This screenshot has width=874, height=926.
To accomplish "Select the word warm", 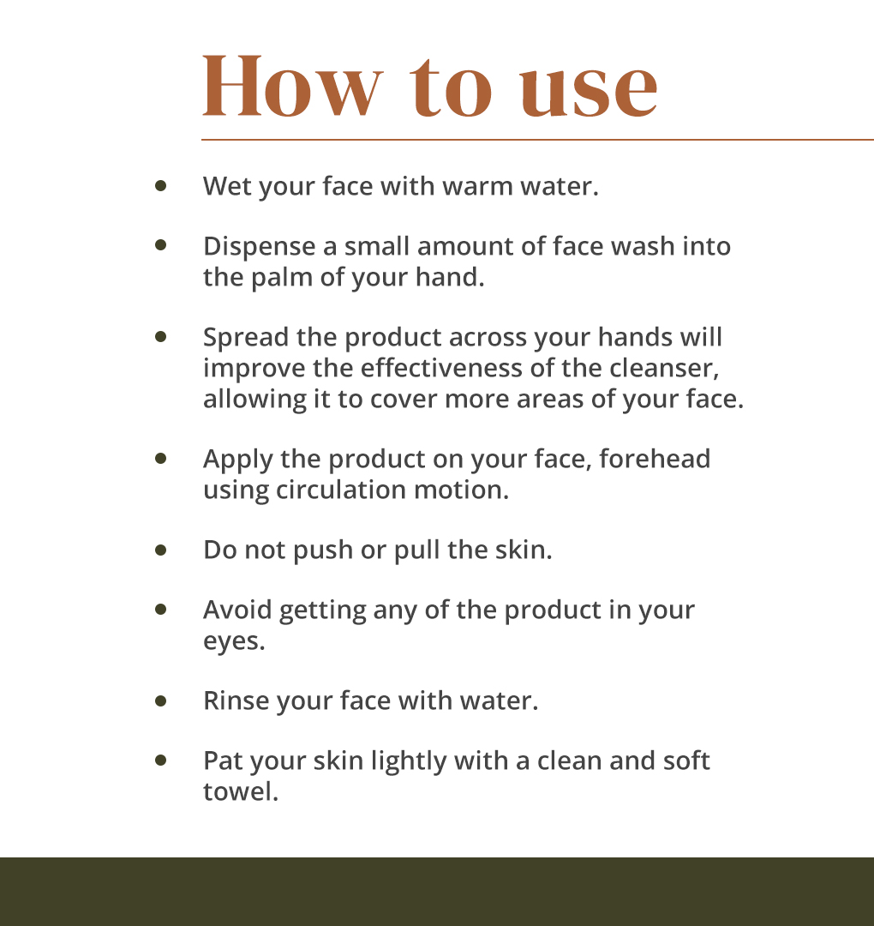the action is [x=477, y=188].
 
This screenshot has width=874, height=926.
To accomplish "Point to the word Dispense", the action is [x=259, y=248].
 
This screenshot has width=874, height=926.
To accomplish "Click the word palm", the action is [x=282, y=279].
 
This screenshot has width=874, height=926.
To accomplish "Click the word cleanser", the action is [x=664, y=369].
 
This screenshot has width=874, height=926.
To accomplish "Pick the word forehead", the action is [x=655, y=460].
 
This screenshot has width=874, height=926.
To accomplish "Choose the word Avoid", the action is [x=237, y=610].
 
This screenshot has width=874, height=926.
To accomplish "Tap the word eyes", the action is [x=234, y=642].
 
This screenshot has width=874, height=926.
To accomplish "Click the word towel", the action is [x=240, y=792].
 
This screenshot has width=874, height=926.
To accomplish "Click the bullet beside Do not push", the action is [x=160, y=550].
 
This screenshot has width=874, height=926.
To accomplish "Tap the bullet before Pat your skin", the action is [x=160, y=761].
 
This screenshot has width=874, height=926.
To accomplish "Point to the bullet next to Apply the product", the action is [x=160, y=459].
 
